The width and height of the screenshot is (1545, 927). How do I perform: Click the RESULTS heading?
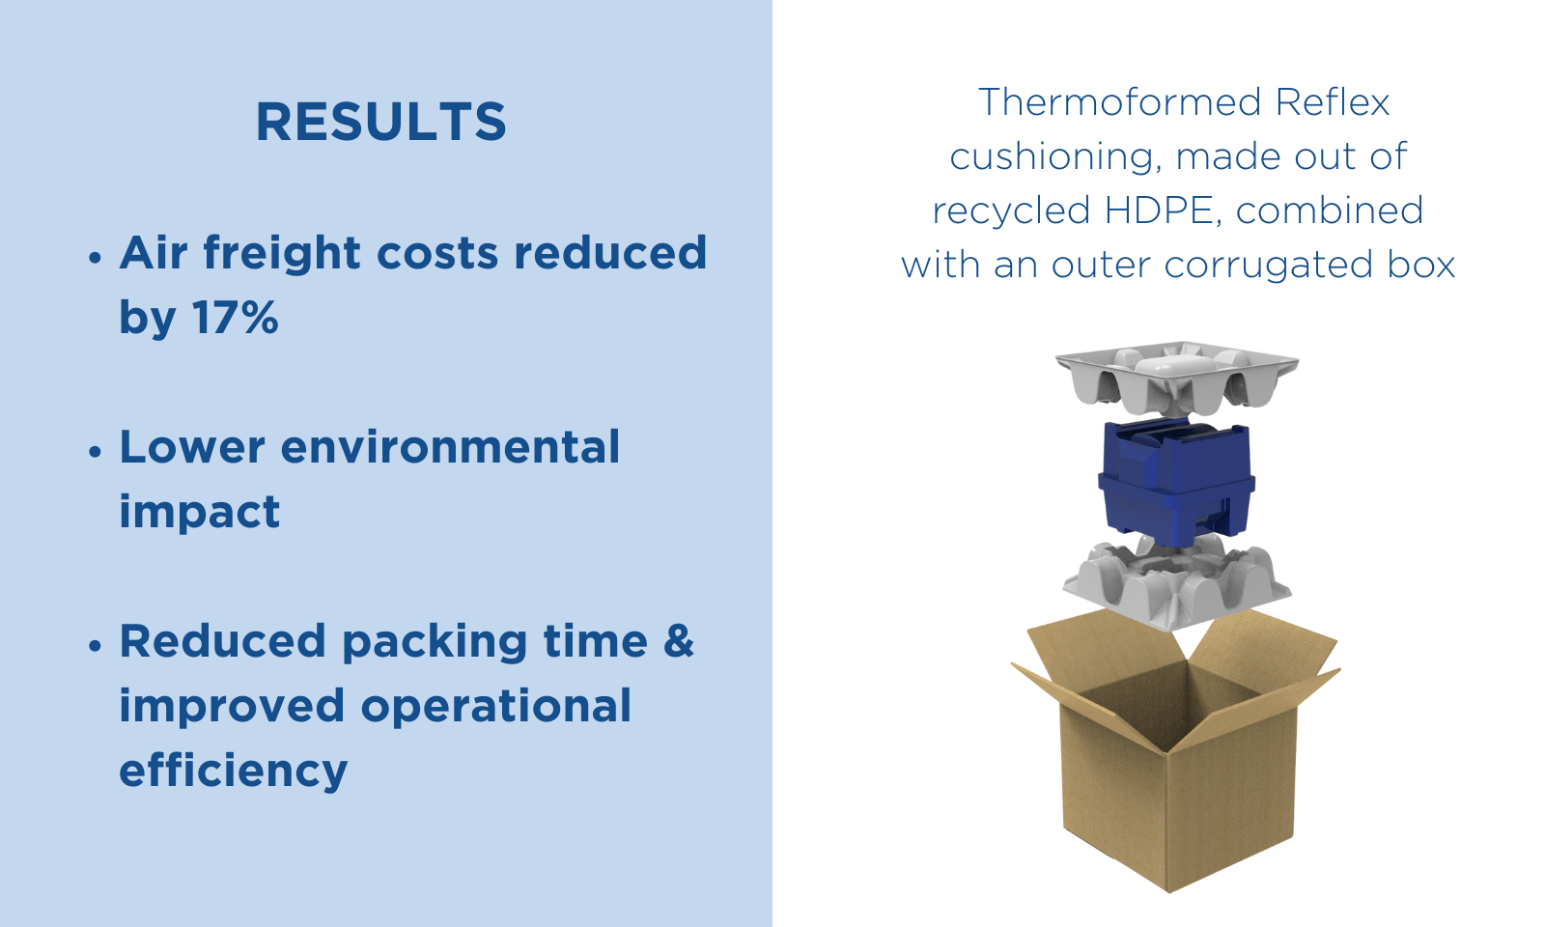[x=381, y=122]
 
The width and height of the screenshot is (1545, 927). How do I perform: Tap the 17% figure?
[x=236, y=318]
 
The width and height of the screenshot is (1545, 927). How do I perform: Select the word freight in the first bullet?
[x=281, y=254]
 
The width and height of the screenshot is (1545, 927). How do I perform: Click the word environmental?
[x=450, y=447]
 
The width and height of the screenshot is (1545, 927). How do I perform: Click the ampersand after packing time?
[x=679, y=641]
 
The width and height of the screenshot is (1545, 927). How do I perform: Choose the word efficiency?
[x=233, y=771]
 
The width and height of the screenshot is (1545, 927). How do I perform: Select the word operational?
[x=496, y=706]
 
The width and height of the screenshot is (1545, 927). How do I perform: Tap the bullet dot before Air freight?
[x=96, y=258]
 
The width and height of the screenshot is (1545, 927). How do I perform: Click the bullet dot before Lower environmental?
[x=96, y=452]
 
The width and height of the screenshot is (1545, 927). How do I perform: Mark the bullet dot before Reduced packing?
[x=96, y=646]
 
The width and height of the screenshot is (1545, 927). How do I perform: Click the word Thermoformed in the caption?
[x=1119, y=102]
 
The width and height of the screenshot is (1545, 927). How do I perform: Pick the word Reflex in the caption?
[x=1333, y=102]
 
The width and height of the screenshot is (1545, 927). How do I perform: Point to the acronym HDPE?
[x=1164, y=211]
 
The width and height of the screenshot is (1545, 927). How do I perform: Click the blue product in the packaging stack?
[x=1176, y=483]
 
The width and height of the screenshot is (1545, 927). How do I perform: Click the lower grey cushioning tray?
[x=1177, y=583]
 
